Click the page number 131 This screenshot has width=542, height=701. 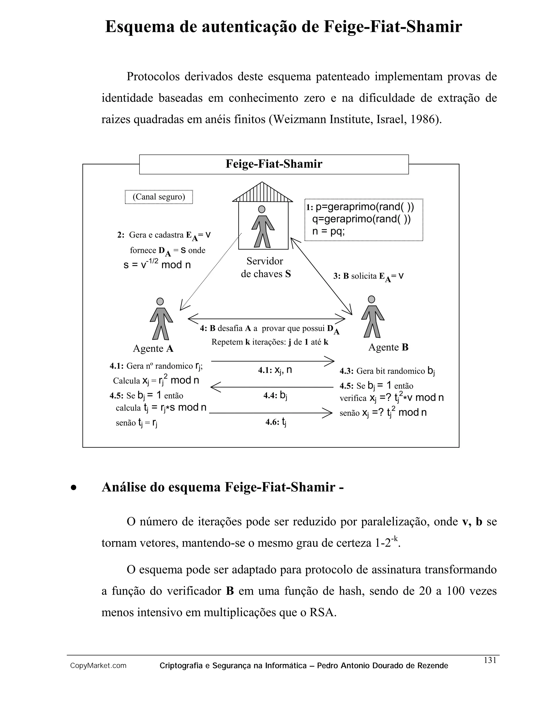click(x=490, y=660)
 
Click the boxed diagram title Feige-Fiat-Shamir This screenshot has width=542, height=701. click(x=274, y=164)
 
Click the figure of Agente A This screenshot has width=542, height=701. click(x=161, y=319)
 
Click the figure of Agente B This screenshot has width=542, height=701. click(x=372, y=317)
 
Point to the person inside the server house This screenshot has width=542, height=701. click(x=263, y=227)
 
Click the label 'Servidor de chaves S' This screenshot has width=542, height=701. click(x=265, y=267)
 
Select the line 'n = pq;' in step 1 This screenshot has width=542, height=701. click(x=328, y=231)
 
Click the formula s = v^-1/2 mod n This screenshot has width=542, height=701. click(x=157, y=265)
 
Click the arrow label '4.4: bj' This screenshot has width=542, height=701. click(x=275, y=395)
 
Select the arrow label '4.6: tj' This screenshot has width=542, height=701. click(x=275, y=422)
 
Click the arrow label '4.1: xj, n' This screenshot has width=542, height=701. click(x=275, y=370)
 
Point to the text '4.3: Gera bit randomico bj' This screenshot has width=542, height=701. click(x=387, y=371)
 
